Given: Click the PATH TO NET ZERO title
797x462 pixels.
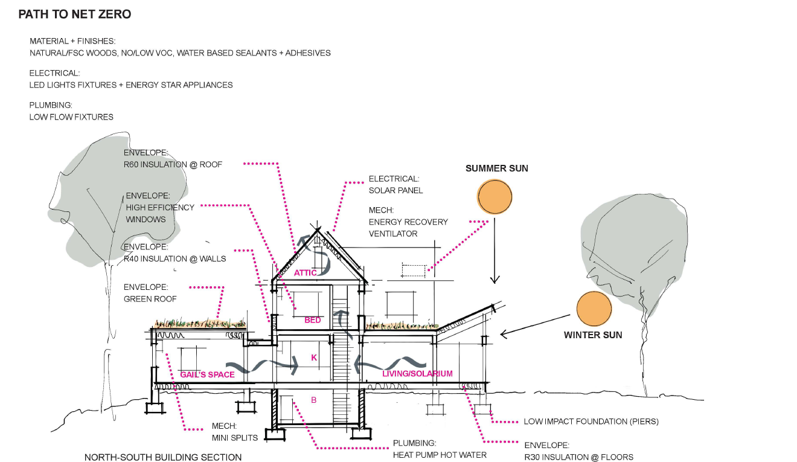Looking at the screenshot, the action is (x=74, y=14).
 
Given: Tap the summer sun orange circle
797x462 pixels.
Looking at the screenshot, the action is (x=495, y=196).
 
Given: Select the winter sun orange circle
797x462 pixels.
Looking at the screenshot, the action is (x=594, y=309).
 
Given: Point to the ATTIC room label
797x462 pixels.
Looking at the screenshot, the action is (x=306, y=273).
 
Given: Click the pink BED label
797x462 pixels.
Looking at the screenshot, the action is (x=313, y=320).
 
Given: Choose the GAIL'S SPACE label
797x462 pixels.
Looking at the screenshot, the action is (x=207, y=374).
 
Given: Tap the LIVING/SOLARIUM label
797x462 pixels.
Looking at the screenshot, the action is (x=417, y=374).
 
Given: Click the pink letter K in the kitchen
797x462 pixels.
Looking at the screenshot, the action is (x=314, y=358).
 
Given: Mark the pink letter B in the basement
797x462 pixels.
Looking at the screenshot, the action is (x=313, y=400).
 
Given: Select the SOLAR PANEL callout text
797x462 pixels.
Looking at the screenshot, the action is (x=396, y=190).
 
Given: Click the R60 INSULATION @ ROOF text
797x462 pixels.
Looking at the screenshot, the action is (x=173, y=164).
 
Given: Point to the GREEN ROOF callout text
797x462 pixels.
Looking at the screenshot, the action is (x=149, y=298).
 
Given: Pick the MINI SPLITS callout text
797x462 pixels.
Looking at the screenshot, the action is (x=234, y=437).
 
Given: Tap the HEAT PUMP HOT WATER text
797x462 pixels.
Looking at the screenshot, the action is (x=440, y=455).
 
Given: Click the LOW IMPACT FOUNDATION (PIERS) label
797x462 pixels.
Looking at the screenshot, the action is (x=591, y=421).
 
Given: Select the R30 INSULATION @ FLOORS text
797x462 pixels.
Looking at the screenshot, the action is (x=578, y=457).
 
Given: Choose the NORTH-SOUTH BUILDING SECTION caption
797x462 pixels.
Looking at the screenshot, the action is (x=163, y=457).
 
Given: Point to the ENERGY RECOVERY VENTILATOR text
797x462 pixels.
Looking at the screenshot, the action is (x=408, y=228).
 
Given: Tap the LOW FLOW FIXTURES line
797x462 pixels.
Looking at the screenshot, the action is (x=71, y=117).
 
